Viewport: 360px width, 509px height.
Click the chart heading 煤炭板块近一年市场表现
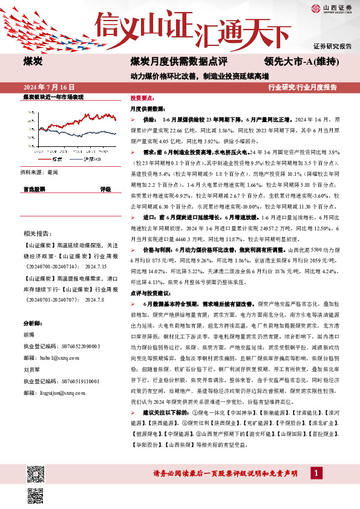pyautogui.click(x=53, y=97)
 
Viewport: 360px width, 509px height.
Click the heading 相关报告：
pyautogui.click(x=37, y=233)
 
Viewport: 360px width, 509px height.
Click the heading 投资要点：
pyautogui.click(x=143, y=97)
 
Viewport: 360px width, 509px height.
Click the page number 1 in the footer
pyautogui.click(x=315, y=473)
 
